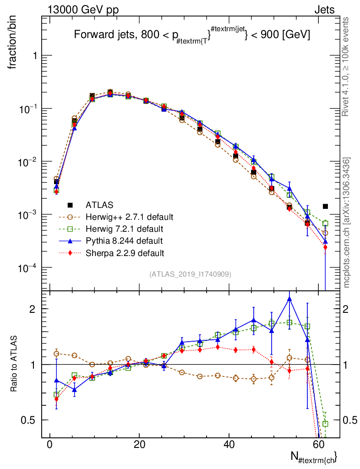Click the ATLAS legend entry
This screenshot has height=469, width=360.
click(x=99, y=205)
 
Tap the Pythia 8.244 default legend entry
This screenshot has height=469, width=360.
click(x=125, y=240)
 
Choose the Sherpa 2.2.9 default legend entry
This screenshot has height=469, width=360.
click(x=125, y=252)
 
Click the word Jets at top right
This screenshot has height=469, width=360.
click(x=324, y=10)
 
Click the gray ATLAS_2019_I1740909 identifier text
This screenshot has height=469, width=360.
click(x=190, y=274)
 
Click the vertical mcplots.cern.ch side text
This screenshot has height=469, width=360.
click(x=347, y=223)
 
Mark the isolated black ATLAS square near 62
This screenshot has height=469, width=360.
click(x=325, y=207)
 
